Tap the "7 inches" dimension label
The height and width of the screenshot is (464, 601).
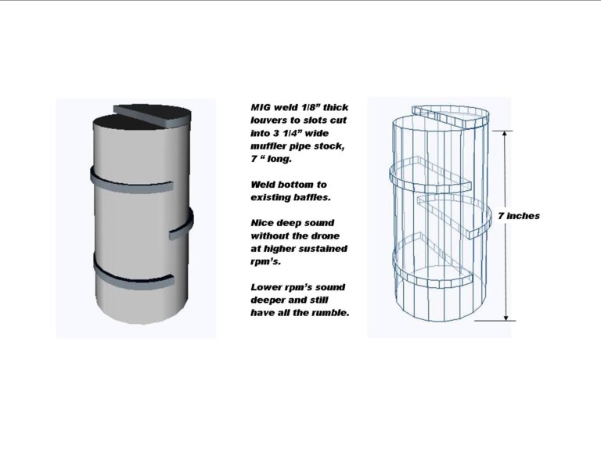[x=519, y=216]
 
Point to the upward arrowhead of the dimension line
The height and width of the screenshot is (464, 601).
[x=506, y=134]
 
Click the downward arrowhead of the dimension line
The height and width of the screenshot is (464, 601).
[x=506, y=317]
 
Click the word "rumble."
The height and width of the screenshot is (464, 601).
[x=330, y=313]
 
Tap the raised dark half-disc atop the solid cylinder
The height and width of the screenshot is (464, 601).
[x=153, y=115]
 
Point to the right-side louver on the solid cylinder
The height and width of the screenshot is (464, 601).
[x=182, y=225]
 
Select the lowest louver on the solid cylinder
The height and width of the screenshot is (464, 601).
[x=134, y=273]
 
